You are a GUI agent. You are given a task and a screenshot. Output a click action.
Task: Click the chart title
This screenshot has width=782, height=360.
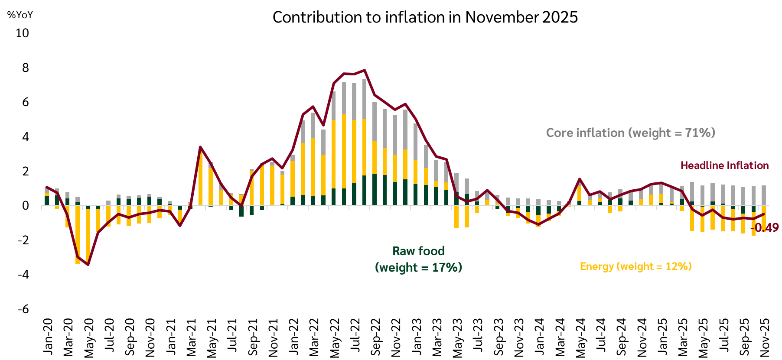click(425, 17)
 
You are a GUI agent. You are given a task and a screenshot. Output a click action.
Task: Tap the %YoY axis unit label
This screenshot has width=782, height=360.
click(20, 15)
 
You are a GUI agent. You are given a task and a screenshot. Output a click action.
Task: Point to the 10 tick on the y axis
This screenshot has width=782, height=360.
click(22, 33)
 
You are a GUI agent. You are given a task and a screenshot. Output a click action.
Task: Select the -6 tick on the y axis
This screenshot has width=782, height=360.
click(23, 309)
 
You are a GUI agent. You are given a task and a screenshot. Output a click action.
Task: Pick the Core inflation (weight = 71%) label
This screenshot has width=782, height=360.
click(630, 133)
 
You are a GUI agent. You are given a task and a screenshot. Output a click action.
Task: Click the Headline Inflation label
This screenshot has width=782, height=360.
click(724, 165)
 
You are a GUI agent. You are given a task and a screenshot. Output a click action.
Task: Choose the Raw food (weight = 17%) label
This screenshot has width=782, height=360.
click(418, 259)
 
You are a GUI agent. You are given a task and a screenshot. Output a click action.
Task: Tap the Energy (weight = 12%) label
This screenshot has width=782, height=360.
click(635, 266)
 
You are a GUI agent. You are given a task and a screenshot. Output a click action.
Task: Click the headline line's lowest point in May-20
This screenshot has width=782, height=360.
click(88, 264)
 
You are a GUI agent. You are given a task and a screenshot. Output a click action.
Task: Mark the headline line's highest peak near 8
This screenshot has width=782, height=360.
click(365, 70)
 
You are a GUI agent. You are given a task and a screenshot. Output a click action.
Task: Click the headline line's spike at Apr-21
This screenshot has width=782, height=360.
click(200, 147)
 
